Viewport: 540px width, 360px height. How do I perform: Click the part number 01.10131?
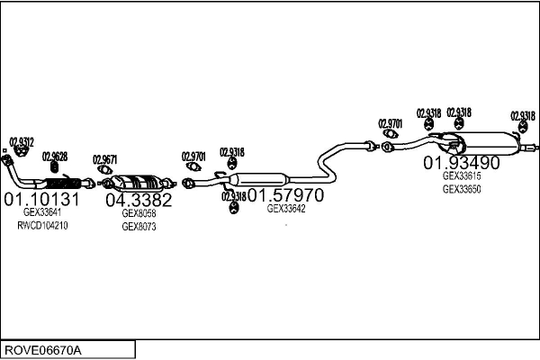(41, 199)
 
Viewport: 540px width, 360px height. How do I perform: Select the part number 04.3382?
(139, 200)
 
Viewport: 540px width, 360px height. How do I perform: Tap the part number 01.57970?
(285, 195)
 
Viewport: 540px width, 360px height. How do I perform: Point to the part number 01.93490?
(461, 163)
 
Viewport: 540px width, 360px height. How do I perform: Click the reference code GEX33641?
(42, 212)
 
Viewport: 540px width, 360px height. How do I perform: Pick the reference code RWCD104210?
(42, 226)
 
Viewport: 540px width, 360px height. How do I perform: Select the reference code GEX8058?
(139, 213)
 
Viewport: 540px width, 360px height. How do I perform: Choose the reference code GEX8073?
(139, 227)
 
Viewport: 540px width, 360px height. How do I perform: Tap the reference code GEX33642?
(286, 209)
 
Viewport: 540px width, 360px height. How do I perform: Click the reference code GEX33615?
(462, 176)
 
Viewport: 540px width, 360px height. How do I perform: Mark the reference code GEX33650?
(462, 189)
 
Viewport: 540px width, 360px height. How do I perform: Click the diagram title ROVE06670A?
(43, 351)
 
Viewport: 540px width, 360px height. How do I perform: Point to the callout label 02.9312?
(22, 142)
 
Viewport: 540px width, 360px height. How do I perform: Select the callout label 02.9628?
(55, 157)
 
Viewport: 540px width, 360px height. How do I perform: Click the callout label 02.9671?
(105, 160)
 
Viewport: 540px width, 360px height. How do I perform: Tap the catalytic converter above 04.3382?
(138, 183)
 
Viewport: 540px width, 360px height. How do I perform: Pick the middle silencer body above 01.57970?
(259, 179)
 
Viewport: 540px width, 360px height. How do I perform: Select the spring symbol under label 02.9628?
(54, 167)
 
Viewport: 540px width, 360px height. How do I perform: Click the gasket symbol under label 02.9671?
(104, 169)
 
